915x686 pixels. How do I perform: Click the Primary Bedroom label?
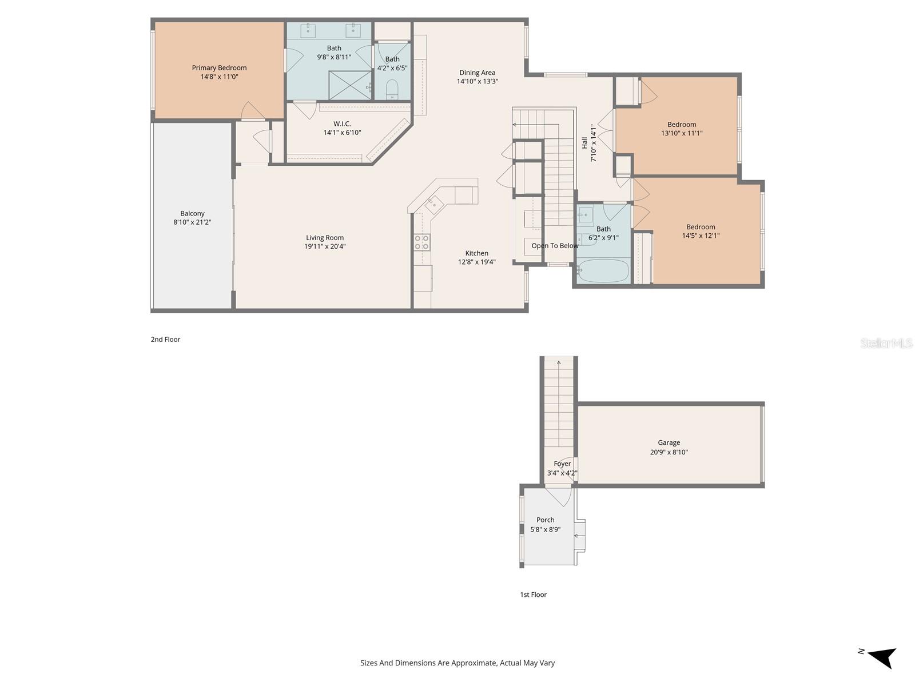tap(219, 67)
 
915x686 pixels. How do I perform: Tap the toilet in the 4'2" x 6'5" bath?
tap(392, 89)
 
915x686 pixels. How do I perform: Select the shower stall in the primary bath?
tap(350, 85)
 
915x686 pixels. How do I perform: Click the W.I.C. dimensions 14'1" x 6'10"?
tap(342, 133)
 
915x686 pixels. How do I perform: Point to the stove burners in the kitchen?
tap(422, 242)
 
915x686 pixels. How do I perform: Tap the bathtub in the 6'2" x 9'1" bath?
tap(603, 271)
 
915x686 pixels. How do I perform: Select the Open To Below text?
tap(555, 246)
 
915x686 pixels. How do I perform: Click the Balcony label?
tap(192, 213)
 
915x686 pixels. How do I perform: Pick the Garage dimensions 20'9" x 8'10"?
tap(669, 452)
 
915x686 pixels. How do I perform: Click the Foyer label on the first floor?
tap(562, 464)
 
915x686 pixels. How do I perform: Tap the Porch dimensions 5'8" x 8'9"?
tap(545, 529)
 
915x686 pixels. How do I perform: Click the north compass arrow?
tap(882, 657)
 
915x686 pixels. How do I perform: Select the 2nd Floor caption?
tap(165, 340)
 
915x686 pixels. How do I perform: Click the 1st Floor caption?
tap(533, 595)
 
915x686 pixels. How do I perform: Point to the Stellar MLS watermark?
tap(886, 343)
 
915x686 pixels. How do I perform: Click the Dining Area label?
tap(477, 73)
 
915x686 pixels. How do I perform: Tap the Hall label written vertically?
tap(584, 142)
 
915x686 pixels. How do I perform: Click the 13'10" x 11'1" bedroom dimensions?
tap(682, 133)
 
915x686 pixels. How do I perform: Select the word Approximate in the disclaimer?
tap(473, 663)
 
